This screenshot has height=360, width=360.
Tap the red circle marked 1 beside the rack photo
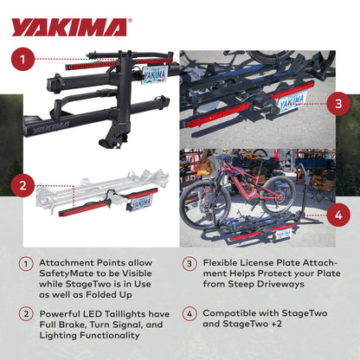click(x=26, y=61)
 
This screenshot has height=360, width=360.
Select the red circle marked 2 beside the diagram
click(x=26, y=184)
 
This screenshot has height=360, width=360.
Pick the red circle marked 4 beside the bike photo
click(x=338, y=215)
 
